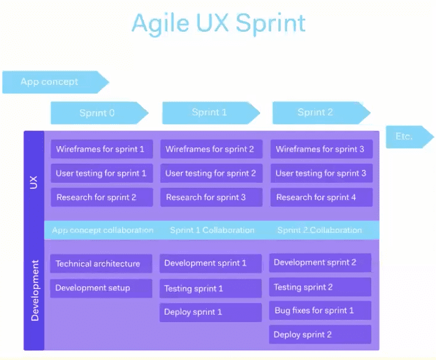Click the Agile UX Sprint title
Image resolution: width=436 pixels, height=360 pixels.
tap(218, 23)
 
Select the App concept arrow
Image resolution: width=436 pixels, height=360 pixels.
tap(52, 82)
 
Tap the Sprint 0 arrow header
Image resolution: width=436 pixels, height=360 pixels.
tap(98, 113)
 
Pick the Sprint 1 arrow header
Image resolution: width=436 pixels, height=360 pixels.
tap(209, 112)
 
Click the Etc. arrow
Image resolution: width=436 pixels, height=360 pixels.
tap(406, 136)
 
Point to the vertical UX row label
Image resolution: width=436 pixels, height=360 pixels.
tap(34, 182)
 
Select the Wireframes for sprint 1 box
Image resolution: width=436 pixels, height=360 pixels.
tap(101, 149)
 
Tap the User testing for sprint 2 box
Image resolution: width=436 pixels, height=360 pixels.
tap(211, 173)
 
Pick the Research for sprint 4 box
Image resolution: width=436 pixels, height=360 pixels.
tap(320, 197)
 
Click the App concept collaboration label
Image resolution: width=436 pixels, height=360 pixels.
tap(103, 230)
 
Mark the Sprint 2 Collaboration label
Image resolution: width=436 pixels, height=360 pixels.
tap(319, 230)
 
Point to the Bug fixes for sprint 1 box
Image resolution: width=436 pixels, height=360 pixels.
tap(320, 310)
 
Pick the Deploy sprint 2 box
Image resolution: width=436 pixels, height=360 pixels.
tap(320, 334)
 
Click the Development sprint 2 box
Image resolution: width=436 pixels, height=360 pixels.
tap(320, 263)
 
